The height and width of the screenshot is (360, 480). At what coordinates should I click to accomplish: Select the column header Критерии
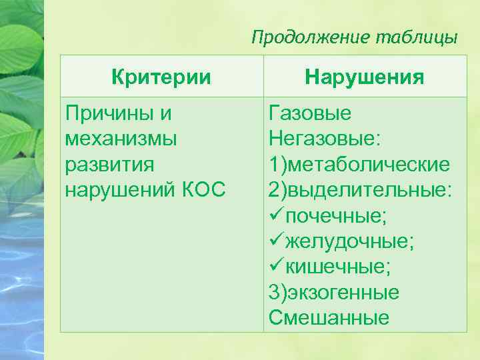[x=162, y=77]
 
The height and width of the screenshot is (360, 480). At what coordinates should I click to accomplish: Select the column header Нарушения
[x=365, y=77]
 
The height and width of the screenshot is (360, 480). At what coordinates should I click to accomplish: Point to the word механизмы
[x=121, y=139]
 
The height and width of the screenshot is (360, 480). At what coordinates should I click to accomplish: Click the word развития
[x=109, y=164]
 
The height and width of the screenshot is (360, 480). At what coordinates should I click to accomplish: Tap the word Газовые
[x=309, y=113]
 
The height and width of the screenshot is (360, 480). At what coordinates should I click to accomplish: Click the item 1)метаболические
[x=359, y=164]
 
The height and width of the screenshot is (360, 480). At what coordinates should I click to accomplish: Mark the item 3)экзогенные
[x=334, y=292]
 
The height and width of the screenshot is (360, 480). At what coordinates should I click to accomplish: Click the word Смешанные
[x=329, y=317]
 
